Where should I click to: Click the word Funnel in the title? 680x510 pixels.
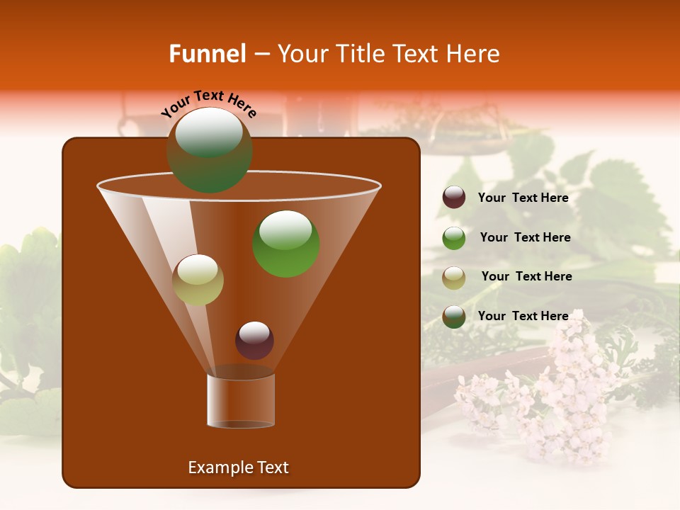[207, 54]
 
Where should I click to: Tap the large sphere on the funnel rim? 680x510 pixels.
[209, 149]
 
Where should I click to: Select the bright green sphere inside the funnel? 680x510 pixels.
[286, 244]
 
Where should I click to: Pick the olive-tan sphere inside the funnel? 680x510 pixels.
[198, 280]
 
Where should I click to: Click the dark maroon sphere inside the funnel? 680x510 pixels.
[254, 340]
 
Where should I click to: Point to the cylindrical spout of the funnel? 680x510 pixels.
[241, 400]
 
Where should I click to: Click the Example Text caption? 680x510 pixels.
[238, 467]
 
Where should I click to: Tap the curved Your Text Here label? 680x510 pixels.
[209, 103]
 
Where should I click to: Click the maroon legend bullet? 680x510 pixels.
[454, 198]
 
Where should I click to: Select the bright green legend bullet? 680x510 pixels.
[454, 237]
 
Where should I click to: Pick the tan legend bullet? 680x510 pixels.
[454, 277]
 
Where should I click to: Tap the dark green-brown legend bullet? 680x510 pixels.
[454, 317]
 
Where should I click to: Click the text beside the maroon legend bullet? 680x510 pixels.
[523, 198]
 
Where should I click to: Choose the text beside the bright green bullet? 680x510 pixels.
[525, 238]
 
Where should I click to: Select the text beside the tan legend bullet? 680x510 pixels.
[526, 277]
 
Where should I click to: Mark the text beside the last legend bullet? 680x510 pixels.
[523, 317]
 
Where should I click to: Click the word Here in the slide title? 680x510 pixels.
[475, 54]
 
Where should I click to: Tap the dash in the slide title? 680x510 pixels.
[261, 55]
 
